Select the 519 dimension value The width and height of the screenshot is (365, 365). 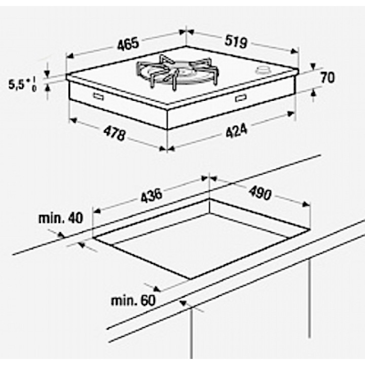click(236, 42)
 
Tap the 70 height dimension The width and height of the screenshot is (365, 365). click(327, 78)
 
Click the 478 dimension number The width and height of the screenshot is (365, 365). click(115, 134)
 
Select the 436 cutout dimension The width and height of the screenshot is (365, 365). click(151, 196)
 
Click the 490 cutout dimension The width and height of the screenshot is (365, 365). click(260, 193)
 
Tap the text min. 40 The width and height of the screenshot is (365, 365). click(60, 218)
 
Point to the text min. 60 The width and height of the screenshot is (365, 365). click(133, 301)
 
